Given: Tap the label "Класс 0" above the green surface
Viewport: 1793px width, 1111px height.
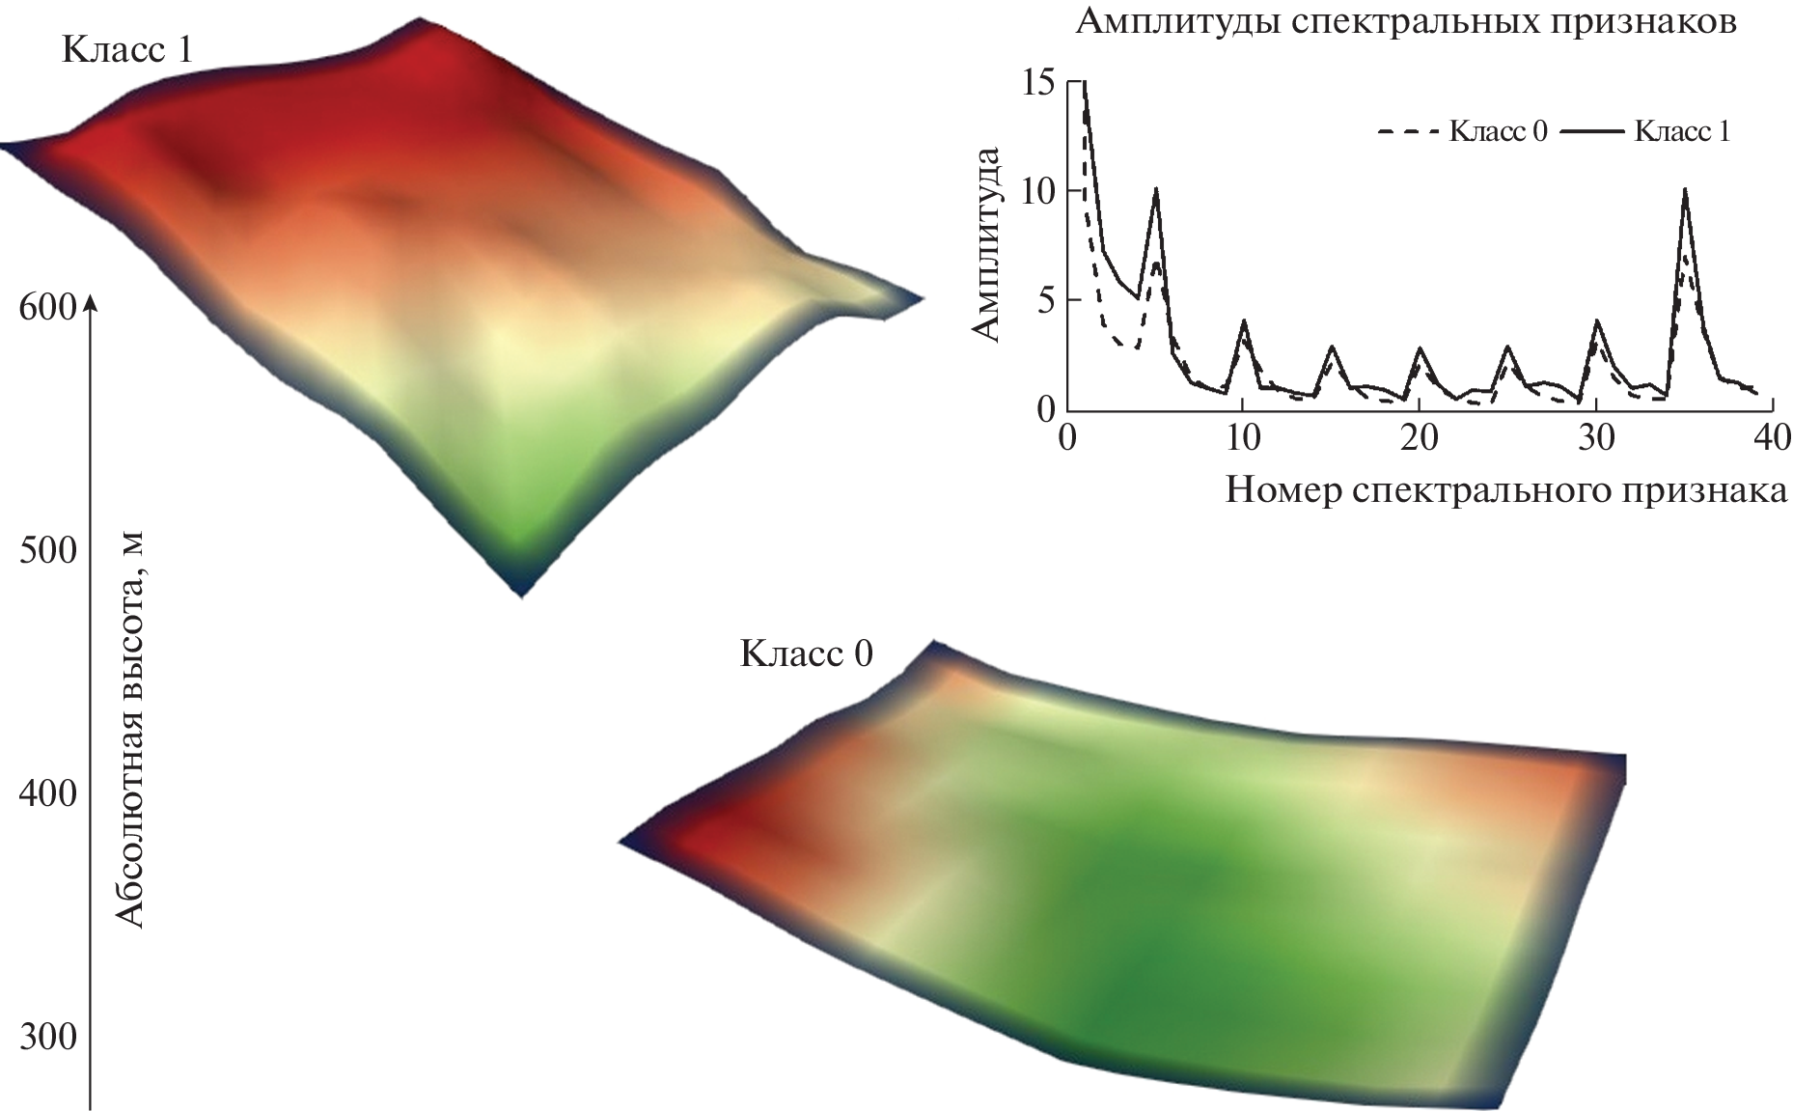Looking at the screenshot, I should point(806,653).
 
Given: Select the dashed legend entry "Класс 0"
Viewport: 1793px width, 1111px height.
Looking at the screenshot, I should point(1461,131).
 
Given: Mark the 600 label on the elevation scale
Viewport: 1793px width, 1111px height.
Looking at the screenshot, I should point(46,308).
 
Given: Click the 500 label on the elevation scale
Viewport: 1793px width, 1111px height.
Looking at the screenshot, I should point(46,551).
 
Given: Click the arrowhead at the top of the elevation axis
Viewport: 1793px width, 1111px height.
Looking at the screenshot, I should point(90,302).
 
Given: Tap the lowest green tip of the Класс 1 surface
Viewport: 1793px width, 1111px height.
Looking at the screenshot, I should point(521,591).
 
